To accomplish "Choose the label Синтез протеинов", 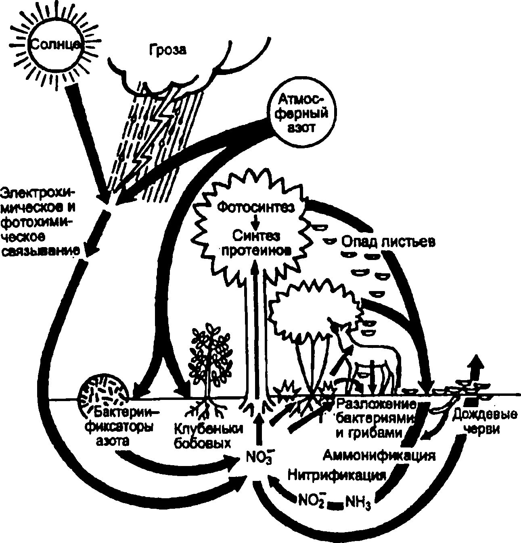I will coord(256,242).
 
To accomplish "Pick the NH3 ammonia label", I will coord(358,503).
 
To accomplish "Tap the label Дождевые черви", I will coord(484,422).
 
